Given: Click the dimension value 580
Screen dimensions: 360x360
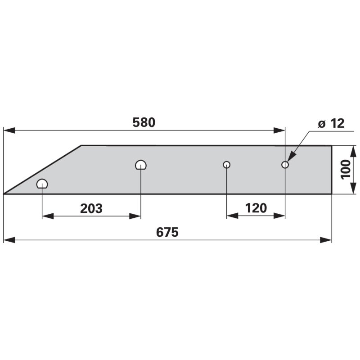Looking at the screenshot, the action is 144,122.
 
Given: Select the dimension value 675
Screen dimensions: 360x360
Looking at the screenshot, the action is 167,232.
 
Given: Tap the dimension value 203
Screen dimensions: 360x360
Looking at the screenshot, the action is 91,208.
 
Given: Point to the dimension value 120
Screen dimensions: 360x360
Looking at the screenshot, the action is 256,208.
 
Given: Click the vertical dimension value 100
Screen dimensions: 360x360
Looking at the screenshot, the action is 346,170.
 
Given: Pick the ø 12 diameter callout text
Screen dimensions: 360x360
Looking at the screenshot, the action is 331,123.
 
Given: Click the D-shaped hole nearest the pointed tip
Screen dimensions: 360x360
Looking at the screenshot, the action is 42,184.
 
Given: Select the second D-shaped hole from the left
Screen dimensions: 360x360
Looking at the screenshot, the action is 141,165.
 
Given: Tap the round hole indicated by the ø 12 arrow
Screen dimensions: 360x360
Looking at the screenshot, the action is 285,165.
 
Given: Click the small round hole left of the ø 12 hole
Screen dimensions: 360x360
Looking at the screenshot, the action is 227,165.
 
